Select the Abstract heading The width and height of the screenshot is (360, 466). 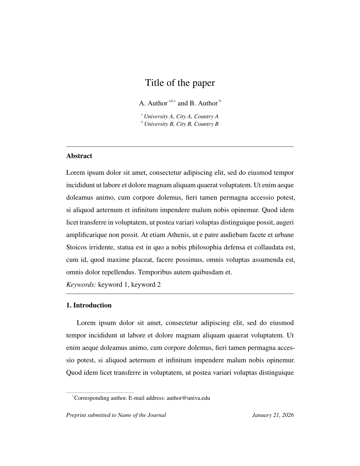tap(79, 156)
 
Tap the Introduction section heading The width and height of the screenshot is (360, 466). tap(92, 305)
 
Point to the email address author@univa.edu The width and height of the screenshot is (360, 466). tap(188, 398)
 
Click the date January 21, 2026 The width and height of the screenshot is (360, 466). tap(273, 415)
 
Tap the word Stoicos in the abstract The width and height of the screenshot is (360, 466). tap(76, 247)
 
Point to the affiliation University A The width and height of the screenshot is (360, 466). tap(159, 116)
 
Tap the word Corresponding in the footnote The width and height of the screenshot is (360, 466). tap(92, 398)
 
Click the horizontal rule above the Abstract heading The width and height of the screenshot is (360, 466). tap(180, 146)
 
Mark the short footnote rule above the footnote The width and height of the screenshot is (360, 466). tap(100, 392)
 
